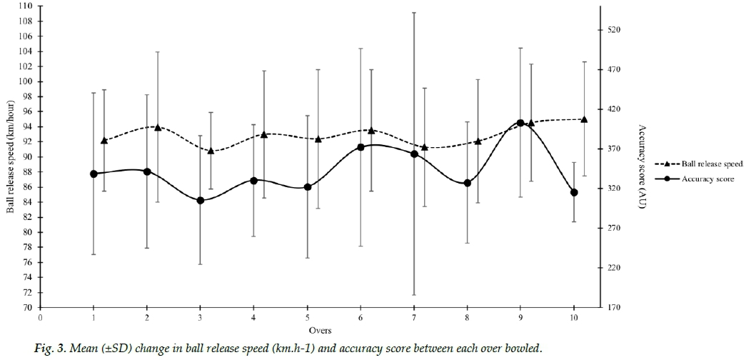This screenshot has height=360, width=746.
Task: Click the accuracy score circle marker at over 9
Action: point(520,123)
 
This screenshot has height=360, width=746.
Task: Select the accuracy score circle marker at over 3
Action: point(201,200)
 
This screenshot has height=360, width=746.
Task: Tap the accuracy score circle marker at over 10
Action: point(574,192)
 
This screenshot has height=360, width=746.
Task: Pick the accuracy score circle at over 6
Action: point(361,147)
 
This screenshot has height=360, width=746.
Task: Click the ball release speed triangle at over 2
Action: point(158,127)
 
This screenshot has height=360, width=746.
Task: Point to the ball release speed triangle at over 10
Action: point(584,119)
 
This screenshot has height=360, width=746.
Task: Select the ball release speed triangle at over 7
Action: point(425,147)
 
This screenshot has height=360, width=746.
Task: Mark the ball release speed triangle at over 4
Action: point(264,134)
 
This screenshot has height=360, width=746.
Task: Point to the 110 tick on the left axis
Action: point(26,6)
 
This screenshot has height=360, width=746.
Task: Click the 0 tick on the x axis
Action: point(41,319)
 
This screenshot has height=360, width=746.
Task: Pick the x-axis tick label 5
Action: point(307,319)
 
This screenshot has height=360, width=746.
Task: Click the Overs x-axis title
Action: point(319,331)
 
